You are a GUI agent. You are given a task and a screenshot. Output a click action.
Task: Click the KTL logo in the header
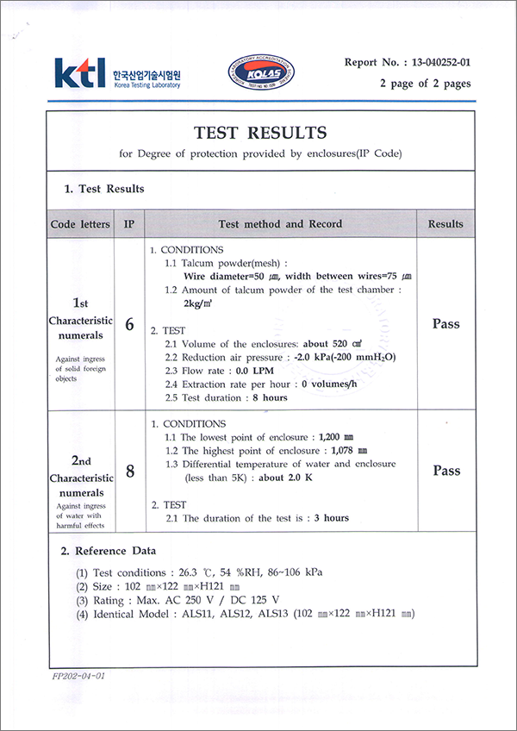pyautogui.click(x=79, y=72)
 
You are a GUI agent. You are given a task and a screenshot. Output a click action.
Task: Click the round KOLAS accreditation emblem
pyautogui.click(x=259, y=73)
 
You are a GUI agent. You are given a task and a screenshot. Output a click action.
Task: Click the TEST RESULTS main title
pyautogui.click(x=260, y=133)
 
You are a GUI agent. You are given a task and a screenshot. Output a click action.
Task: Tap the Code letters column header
pyautogui.click(x=80, y=224)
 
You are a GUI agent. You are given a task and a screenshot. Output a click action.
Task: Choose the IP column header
pyautogui.click(x=129, y=224)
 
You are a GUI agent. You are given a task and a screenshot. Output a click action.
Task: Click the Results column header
pyautogui.click(x=445, y=224)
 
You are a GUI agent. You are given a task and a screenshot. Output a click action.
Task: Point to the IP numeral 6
pyautogui.click(x=129, y=325)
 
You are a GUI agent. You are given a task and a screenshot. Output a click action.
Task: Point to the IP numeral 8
pyautogui.click(x=129, y=472)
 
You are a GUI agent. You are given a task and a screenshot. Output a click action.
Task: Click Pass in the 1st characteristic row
pyautogui.click(x=445, y=324)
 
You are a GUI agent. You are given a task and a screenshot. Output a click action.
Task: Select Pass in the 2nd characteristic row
pyautogui.click(x=445, y=471)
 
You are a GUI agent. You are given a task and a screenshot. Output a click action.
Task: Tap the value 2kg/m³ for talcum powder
pyautogui.click(x=200, y=303)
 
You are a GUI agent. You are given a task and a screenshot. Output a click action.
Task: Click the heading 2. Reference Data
pyautogui.click(x=108, y=550)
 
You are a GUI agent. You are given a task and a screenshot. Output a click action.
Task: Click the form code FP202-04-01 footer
pyautogui.click(x=78, y=676)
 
